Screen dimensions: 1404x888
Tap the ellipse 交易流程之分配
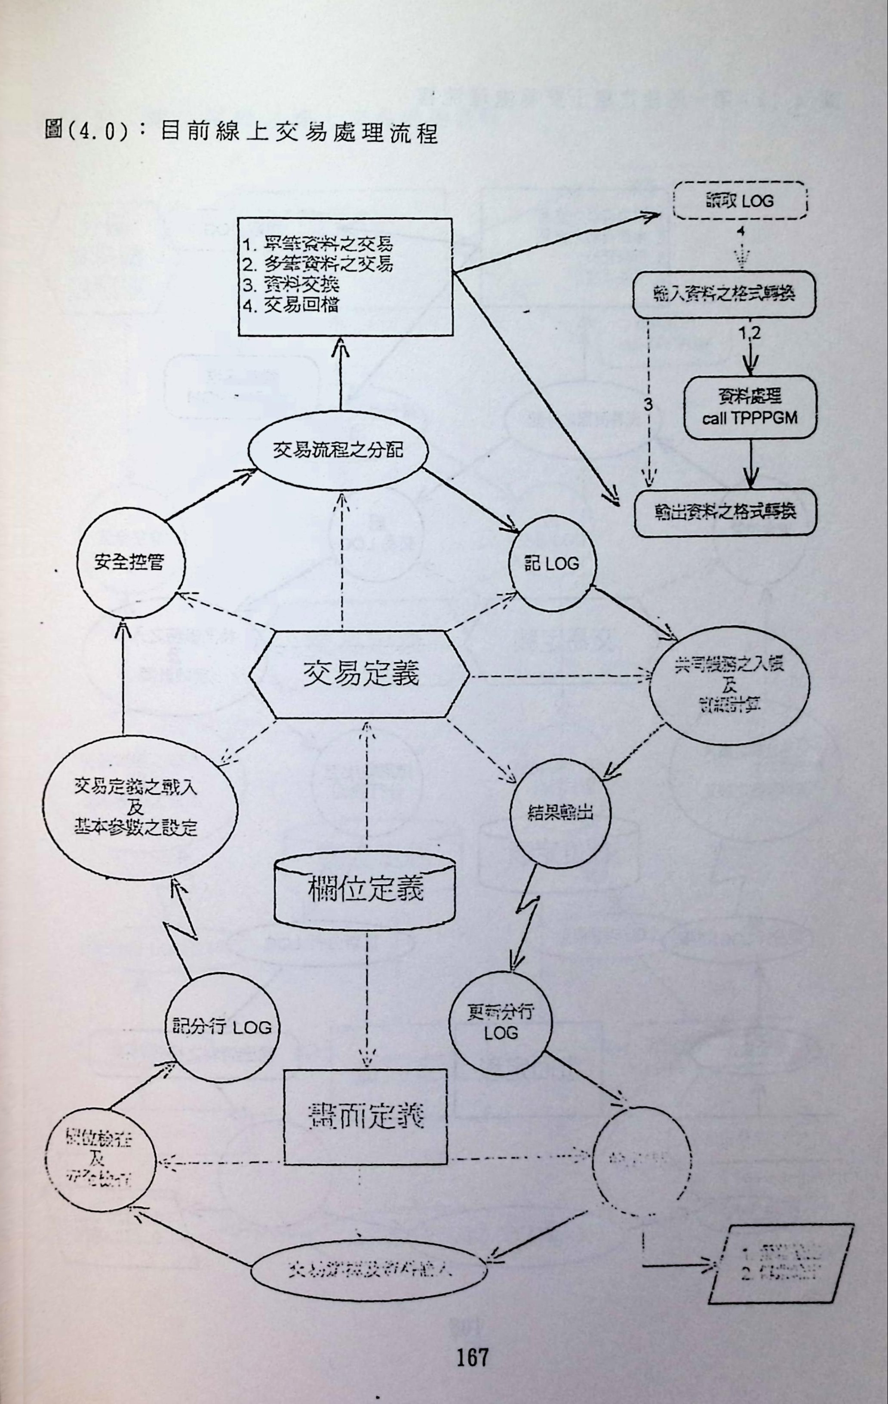pos(338,451)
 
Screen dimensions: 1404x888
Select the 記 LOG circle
pos(552,564)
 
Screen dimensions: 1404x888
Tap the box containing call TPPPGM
pos(750,408)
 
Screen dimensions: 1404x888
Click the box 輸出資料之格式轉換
pos(725,513)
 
